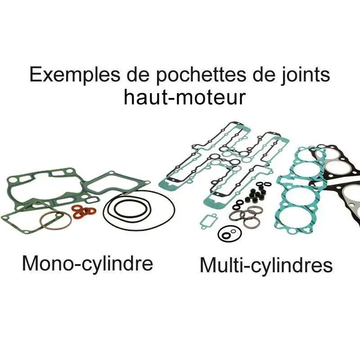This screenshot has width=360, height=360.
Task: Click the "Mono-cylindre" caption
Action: click(87, 263)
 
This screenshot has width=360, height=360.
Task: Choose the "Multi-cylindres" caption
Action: click(266, 265)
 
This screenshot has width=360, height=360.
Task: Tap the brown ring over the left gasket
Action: click(51, 220)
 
